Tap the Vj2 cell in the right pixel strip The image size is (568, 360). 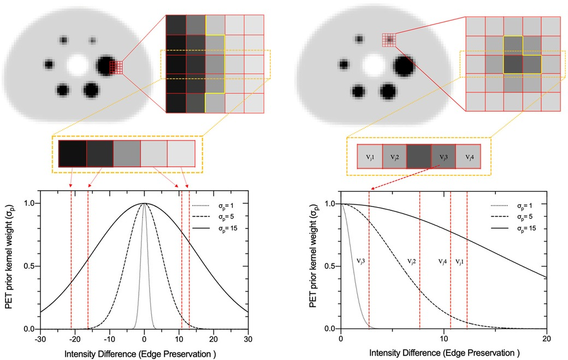[394, 158]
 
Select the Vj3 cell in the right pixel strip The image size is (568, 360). [443, 158]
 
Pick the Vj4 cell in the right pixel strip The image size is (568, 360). [468, 158]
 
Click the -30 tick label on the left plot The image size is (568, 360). [40, 339]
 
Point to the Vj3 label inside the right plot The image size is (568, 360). [361, 262]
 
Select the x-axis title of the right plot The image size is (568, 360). [443, 352]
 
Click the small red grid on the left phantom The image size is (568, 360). [116, 67]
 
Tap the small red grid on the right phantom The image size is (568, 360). [388, 39]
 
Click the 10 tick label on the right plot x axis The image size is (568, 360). [443, 339]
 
